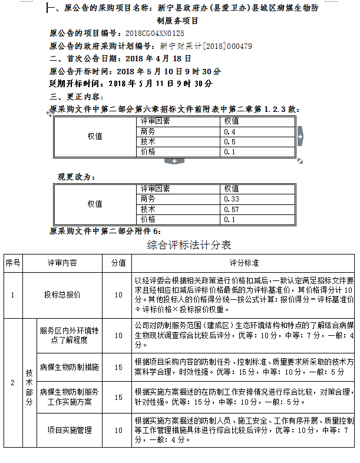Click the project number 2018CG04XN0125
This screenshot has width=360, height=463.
pos(155,34)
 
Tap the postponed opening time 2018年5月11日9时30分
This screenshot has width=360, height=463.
pos(160,83)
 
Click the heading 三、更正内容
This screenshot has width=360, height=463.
pos(77,96)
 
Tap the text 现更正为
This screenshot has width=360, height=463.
pos(76,177)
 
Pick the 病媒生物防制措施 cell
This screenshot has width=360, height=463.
pos(69,367)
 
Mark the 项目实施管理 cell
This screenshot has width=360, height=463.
pos(70,430)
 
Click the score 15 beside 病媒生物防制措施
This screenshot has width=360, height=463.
pos(118,367)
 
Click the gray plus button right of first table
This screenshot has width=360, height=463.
pos(300,137)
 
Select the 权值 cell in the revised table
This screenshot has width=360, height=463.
pos(95,204)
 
